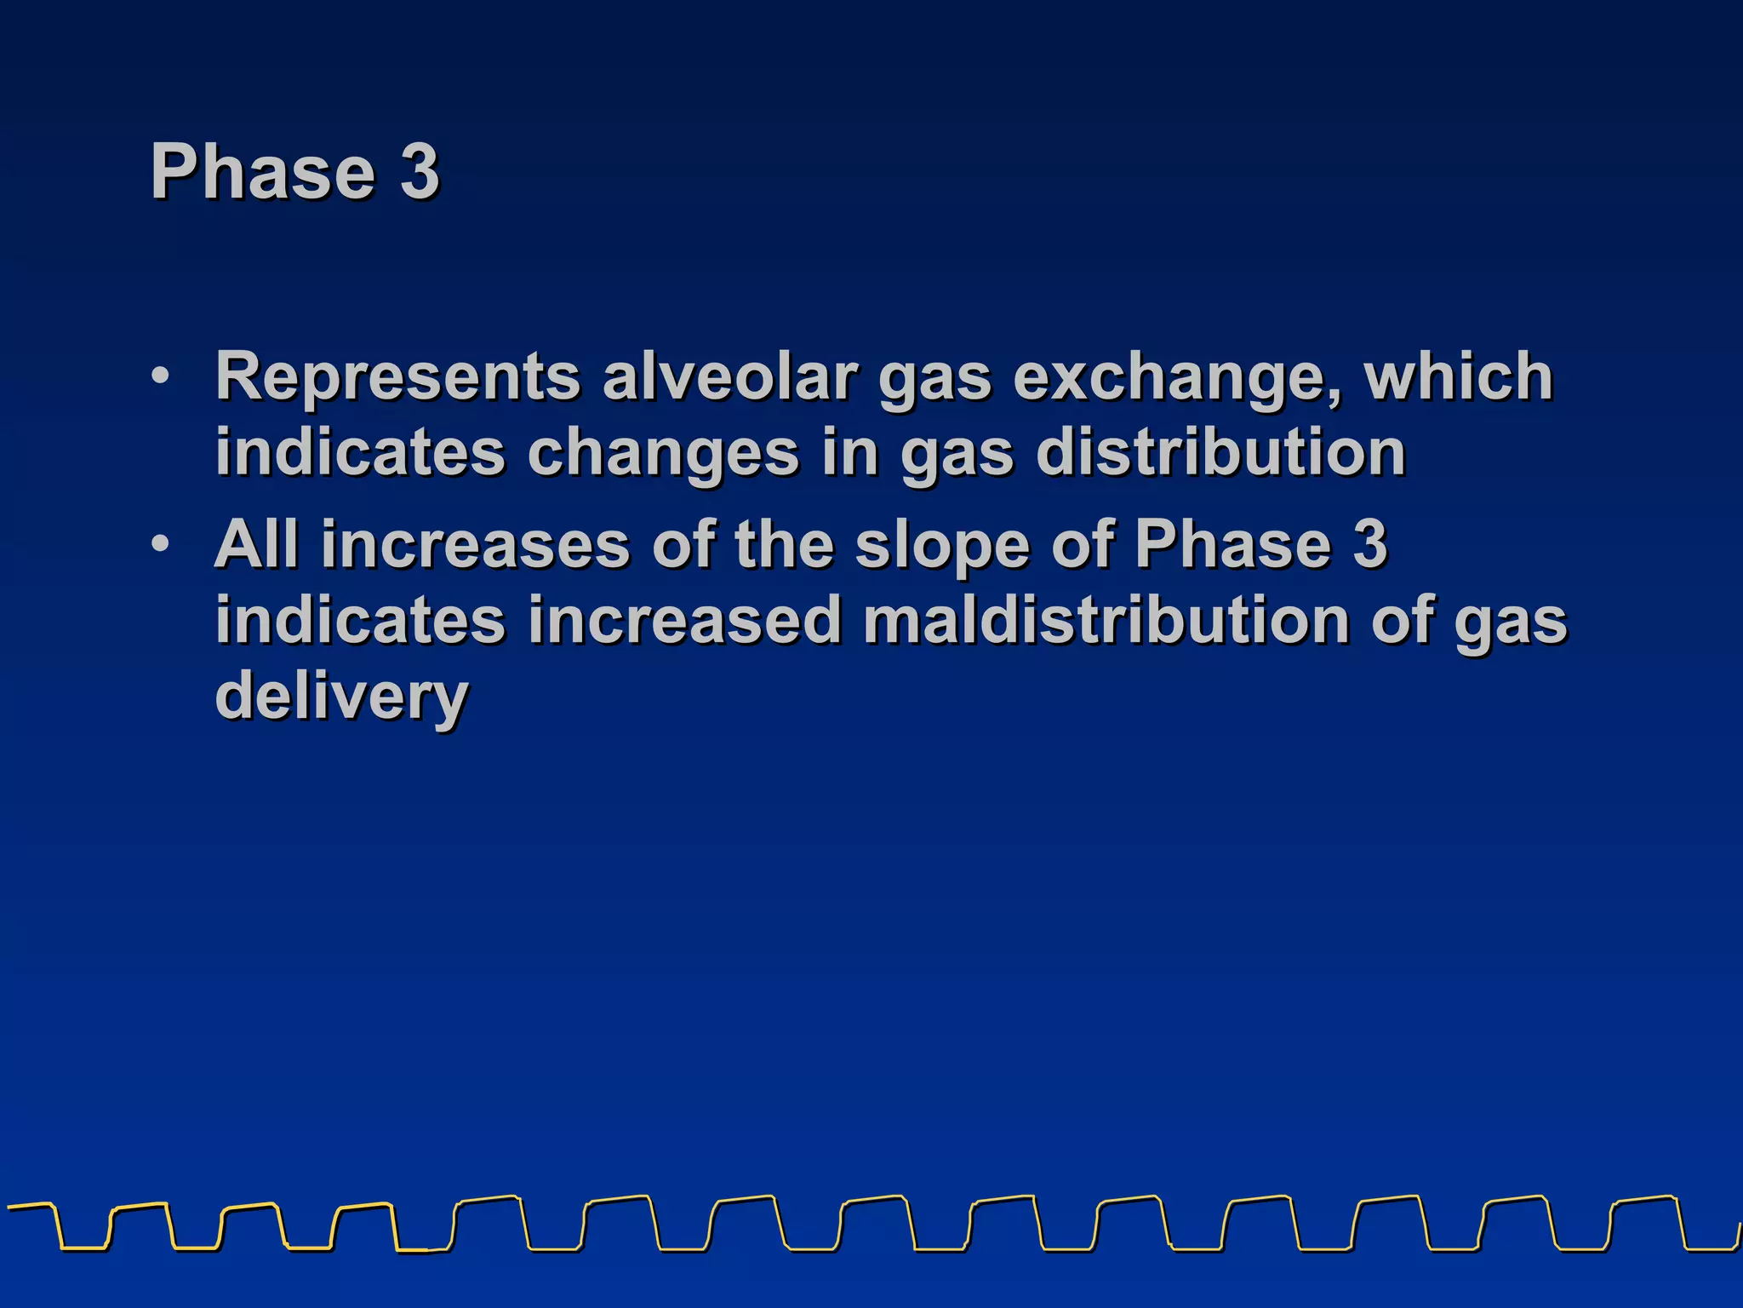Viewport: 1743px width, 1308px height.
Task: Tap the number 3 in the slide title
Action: click(420, 172)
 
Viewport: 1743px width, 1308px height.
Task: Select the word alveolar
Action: click(730, 376)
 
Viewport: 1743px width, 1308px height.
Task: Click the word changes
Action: click(663, 453)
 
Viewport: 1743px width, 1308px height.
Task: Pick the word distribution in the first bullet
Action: click(1220, 451)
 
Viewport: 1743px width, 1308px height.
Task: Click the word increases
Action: click(475, 545)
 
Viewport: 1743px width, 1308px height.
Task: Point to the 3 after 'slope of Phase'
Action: click(1370, 543)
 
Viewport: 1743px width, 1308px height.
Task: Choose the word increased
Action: click(684, 620)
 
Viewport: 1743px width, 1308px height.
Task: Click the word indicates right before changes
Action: click(360, 451)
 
